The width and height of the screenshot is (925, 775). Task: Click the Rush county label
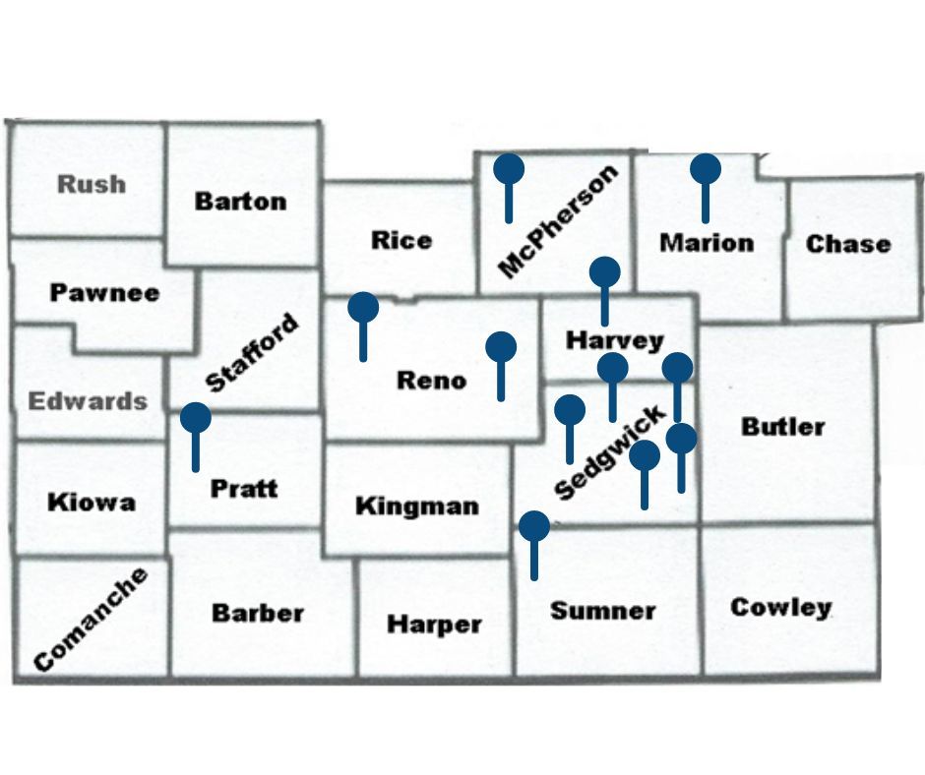coord(92,184)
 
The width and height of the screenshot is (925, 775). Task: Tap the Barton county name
coord(240,202)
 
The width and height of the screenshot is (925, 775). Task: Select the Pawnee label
coord(104,292)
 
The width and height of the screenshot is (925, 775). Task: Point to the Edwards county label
coord(88,401)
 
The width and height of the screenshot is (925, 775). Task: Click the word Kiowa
coord(92,503)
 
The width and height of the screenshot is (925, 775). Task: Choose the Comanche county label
coord(90,620)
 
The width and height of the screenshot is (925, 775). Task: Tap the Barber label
coord(258,613)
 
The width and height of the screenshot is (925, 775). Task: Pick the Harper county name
coord(434,625)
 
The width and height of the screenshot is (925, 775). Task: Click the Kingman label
coord(417,507)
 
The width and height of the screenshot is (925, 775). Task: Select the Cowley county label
coord(780,607)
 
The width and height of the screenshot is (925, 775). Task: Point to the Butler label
coord(783,427)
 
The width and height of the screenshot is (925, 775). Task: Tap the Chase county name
coord(847,244)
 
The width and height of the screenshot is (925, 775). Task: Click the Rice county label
coord(401,240)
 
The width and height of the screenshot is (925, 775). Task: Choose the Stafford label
coord(252,353)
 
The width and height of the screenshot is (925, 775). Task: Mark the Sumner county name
coord(602,611)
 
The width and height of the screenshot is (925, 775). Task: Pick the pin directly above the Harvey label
coord(604,272)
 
